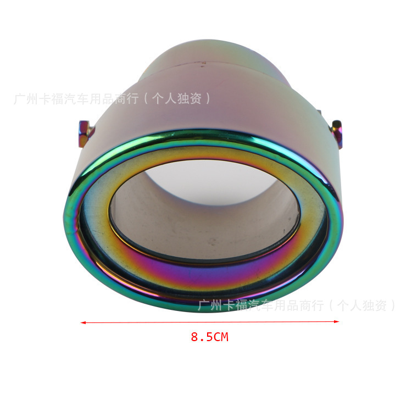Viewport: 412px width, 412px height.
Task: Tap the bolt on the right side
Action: [337, 133]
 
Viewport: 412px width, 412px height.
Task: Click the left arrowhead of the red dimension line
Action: [83, 322]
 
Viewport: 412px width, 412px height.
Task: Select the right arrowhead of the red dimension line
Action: [336, 321]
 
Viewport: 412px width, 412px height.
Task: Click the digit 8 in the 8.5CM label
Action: [194, 337]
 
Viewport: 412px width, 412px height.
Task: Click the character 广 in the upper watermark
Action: [20, 99]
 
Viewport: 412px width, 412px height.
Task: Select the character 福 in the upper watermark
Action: [58, 99]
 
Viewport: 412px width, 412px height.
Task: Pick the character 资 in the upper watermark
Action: [195, 98]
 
